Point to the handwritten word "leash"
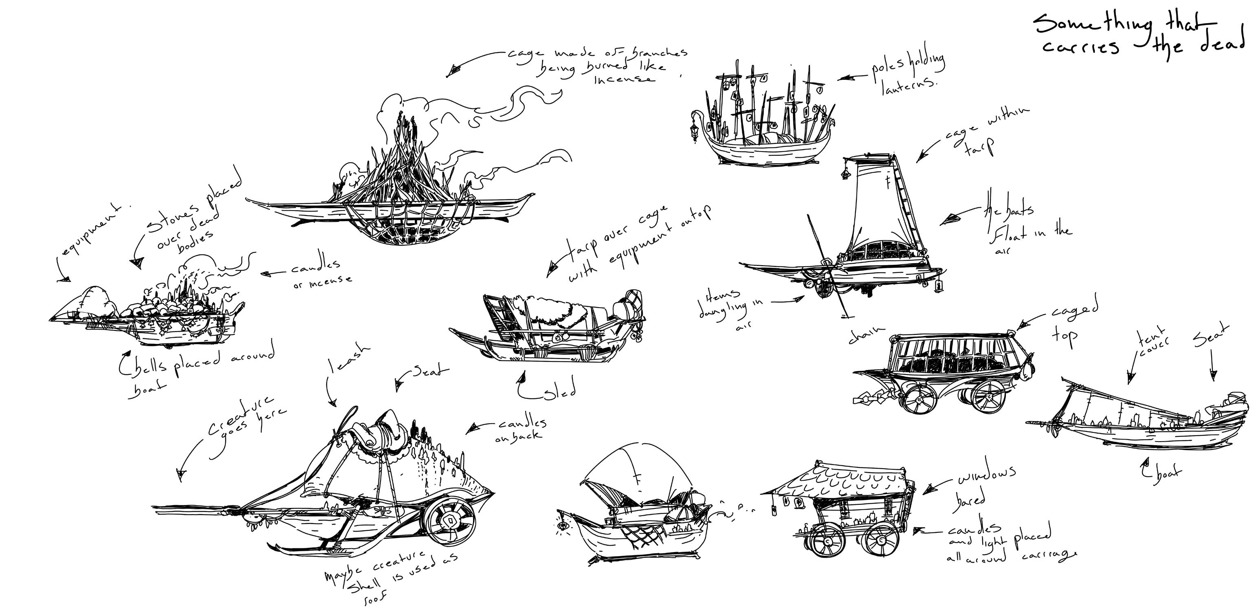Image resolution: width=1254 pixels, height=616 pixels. click(x=348, y=359)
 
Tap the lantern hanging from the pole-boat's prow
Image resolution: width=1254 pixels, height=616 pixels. click(x=693, y=130)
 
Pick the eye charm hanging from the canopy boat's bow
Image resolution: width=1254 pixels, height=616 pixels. click(x=563, y=526)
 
